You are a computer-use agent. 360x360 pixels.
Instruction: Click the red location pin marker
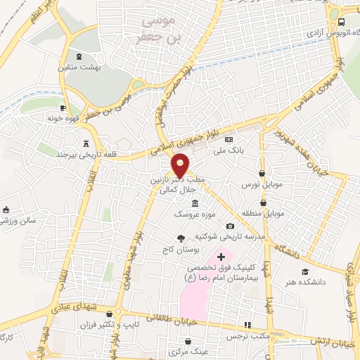(x=181, y=164)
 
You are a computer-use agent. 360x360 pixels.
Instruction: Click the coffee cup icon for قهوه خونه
(x=63, y=108)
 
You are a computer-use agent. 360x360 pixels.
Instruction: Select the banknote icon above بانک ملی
(x=228, y=140)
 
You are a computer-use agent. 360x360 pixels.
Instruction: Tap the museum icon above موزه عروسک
(x=184, y=203)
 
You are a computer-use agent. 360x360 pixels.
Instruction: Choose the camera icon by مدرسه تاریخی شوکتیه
(x=230, y=226)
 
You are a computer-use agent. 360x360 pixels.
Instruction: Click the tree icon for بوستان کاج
(x=181, y=237)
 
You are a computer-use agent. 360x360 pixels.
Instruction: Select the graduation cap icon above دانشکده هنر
(x=304, y=271)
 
